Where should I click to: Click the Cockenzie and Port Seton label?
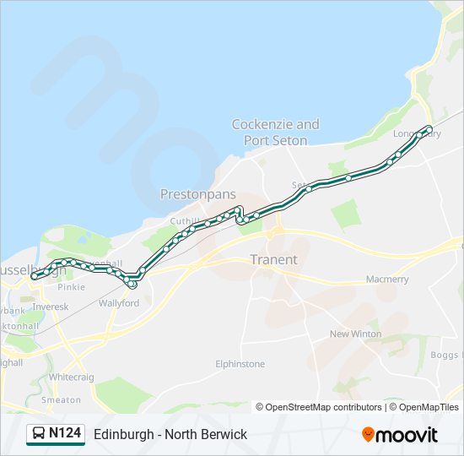(x=275, y=133)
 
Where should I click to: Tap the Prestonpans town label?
(x=198, y=194)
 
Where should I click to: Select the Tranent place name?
(x=273, y=259)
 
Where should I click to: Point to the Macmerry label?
(x=387, y=280)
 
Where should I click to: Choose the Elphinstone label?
(x=240, y=364)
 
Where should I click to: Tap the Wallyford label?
(x=119, y=303)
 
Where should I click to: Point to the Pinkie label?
(x=72, y=287)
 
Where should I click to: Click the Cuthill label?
(x=183, y=221)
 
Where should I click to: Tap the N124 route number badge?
(x=65, y=433)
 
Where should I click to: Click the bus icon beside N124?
(x=39, y=434)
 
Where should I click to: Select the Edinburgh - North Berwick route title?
(x=170, y=434)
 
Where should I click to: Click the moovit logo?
(x=400, y=435)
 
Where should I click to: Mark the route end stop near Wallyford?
(x=132, y=284)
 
